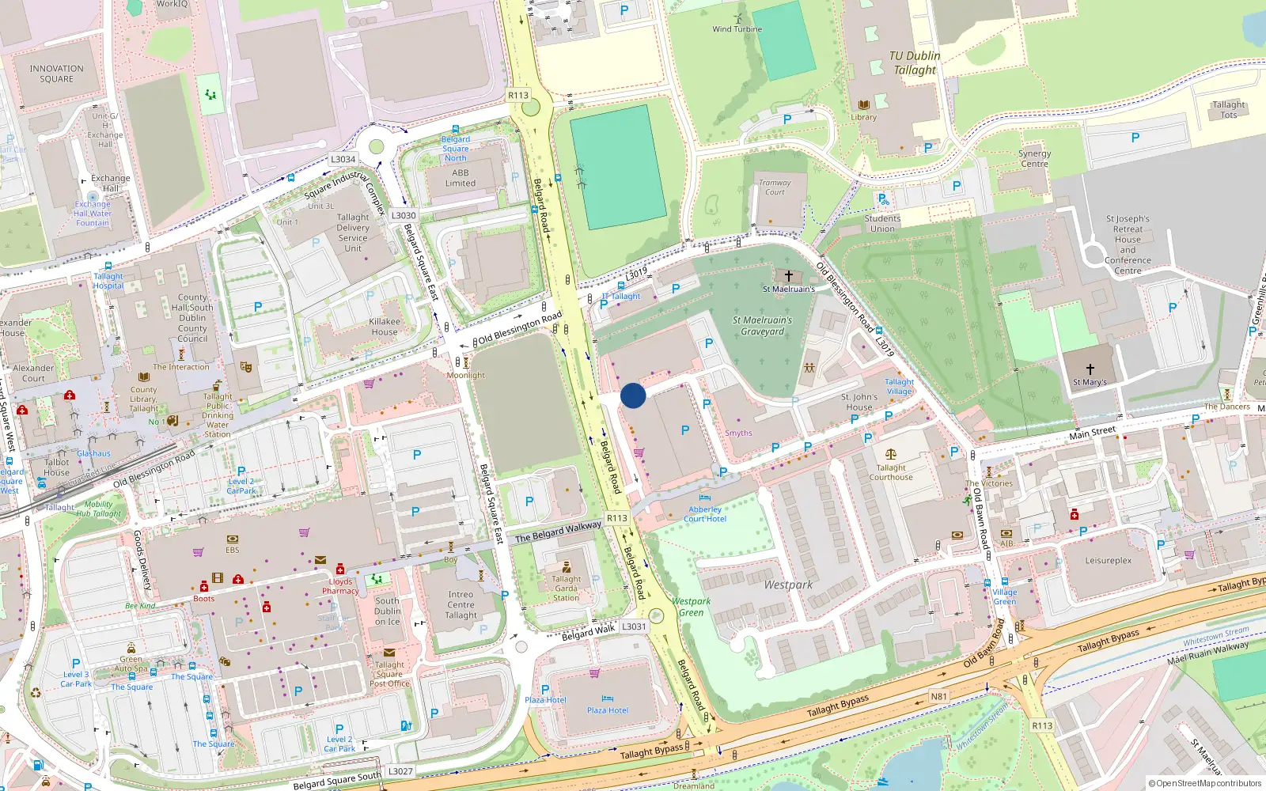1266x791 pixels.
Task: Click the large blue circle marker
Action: click(633, 395)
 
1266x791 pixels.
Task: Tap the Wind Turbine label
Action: click(737, 29)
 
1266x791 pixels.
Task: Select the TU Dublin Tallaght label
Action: click(915, 62)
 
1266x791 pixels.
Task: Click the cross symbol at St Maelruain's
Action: click(788, 276)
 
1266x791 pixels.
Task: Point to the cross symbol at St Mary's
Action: click(1090, 369)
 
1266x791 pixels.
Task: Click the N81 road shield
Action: click(938, 697)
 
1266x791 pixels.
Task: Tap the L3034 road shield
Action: click(343, 159)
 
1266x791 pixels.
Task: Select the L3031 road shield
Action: click(634, 626)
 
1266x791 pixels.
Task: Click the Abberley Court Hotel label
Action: click(705, 514)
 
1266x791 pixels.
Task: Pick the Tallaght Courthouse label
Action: click(891, 472)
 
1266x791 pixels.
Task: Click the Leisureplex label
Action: click(1108, 561)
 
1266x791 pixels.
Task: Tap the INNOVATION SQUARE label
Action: click(56, 74)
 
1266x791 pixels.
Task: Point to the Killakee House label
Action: click(385, 327)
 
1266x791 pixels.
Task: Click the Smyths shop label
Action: click(738, 433)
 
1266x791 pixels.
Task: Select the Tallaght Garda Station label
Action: click(566, 589)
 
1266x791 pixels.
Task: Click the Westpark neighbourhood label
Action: click(788, 585)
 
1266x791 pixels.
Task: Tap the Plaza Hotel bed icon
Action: click(607, 699)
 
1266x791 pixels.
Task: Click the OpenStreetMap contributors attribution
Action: click(1207, 784)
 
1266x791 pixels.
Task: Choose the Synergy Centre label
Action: click(1034, 159)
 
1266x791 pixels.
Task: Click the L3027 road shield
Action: click(400, 771)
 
